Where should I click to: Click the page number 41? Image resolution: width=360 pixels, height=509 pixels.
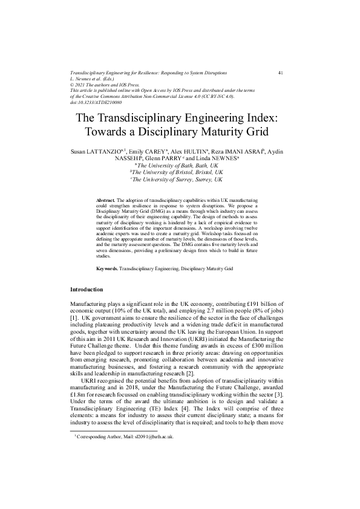281,72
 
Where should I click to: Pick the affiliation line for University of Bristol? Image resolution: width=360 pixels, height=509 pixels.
179,172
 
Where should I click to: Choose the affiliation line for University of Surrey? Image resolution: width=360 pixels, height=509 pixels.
179,180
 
